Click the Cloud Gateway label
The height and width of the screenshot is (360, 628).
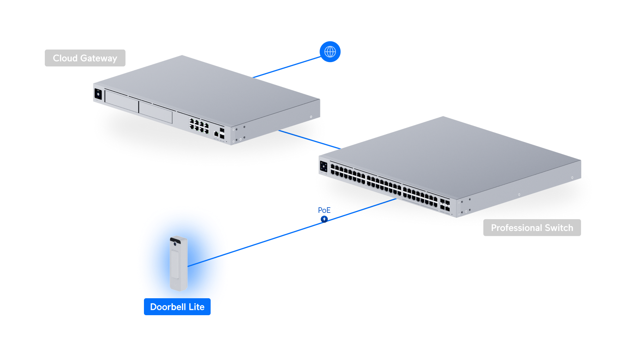pos(85,58)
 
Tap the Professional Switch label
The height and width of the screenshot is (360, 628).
pos(532,228)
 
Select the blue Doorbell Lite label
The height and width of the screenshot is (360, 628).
pos(177,307)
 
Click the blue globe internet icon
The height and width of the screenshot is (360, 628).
pos(330,52)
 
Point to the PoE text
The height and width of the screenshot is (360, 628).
pos(324,210)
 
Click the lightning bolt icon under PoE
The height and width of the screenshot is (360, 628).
pos(324,219)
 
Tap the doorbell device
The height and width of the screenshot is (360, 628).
pos(179,263)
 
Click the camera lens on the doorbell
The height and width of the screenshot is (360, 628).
pos(175,244)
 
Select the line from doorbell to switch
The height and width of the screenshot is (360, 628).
pos(292,233)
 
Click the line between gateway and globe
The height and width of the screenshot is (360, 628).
pos(287,67)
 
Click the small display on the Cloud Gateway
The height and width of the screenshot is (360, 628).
pos(98,94)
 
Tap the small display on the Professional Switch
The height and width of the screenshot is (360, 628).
pos(324,167)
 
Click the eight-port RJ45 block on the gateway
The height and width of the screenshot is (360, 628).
pos(199,126)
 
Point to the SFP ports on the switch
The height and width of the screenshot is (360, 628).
pos(445,205)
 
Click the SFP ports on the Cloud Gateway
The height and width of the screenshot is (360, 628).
pos(222,133)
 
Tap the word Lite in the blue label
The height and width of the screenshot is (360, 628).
pos(197,307)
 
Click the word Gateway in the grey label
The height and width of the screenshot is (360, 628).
pos(99,58)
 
